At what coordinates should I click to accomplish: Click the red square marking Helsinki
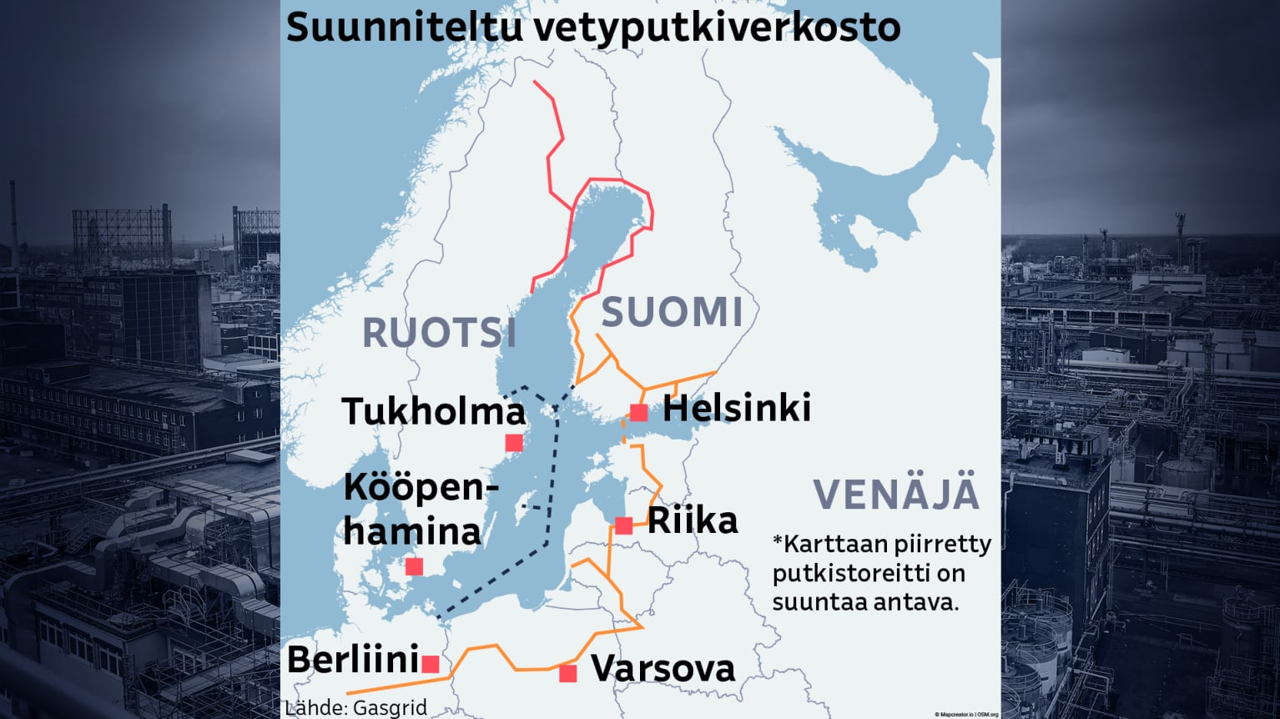click(638, 412)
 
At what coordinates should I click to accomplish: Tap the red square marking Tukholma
click(514, 442)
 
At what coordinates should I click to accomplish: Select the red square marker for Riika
click(623, 525)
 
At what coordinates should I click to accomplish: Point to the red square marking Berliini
click(431, 664)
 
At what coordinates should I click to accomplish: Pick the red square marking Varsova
click(568, 673)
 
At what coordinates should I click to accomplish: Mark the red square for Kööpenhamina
click(414, 566)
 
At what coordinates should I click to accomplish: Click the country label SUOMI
click(672, 313)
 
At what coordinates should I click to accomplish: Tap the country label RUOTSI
click(439, 333)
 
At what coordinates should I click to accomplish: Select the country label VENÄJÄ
click(896, 494)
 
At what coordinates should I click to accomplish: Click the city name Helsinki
click(737, 409)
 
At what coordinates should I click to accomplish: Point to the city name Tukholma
click(434, 411)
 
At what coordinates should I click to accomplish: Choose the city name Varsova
click(663, 669)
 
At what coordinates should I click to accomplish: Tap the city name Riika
click(693, 521)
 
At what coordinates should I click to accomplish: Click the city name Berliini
click(353, 661)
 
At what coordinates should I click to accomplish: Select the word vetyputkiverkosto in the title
click(717, 28)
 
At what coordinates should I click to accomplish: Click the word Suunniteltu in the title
click(404, 28)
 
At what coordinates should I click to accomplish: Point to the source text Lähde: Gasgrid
click(356, 707)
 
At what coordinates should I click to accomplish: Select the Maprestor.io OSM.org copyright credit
click(966, 715)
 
